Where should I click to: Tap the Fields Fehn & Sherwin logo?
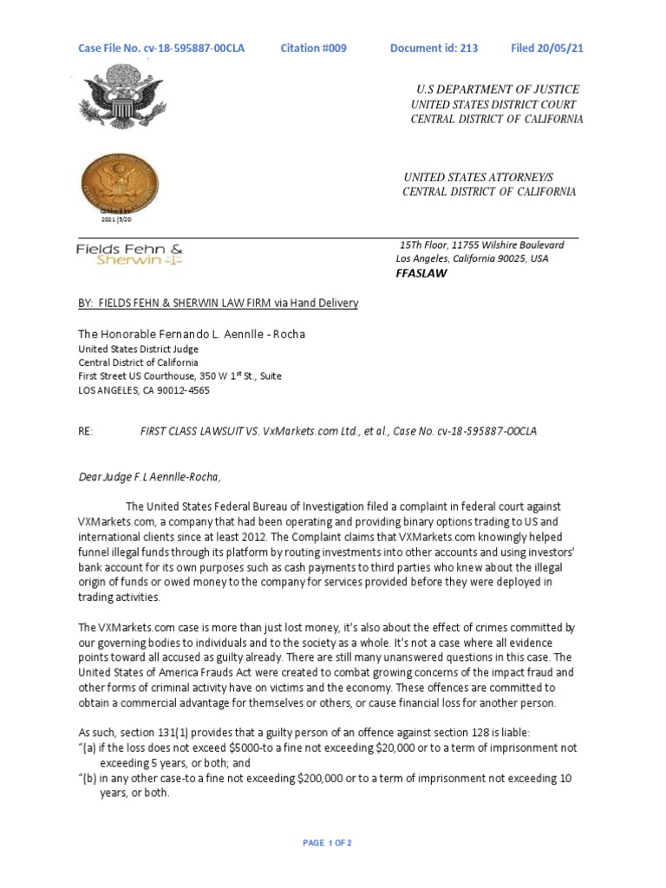pyautogui.click(x=130, y=252)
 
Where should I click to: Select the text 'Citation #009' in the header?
pyautogui.click(x=313, y=49)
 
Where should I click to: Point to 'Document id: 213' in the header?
pyautogui.click(x=434, y=49)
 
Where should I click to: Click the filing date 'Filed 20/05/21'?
pyautogui.click(x=547, y=49)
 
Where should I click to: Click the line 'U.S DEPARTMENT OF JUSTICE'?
pyautogui.click(x=499, y=89)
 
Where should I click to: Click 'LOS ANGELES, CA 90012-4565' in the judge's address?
pyautogui.click(x=144, y=390)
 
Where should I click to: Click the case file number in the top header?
pyautogui.click(x=161, y=49)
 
